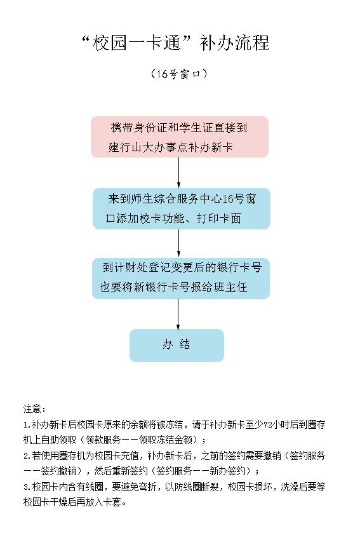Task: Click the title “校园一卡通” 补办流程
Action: pos(176,43)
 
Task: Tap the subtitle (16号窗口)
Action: pos(179,74)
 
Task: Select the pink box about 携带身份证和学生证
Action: pos(179,137)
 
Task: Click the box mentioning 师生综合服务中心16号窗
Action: pos(182,209)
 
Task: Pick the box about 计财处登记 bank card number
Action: pos(181,278)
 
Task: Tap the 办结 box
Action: pos(177,346)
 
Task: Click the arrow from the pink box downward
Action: pos(178,173)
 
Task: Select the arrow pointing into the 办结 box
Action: pos(178,314)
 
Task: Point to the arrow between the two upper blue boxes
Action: pos(178,243)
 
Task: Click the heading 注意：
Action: pos(34,408)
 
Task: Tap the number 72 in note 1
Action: pos(268,424)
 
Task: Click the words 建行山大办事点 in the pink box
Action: pos(148,147)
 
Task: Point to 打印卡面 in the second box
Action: pos(218,219)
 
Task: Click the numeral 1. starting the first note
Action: pos(27,425)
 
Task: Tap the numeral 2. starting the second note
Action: pos(27,456)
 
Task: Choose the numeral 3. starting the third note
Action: pos(27,487)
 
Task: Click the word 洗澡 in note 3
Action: pos(290,487)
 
